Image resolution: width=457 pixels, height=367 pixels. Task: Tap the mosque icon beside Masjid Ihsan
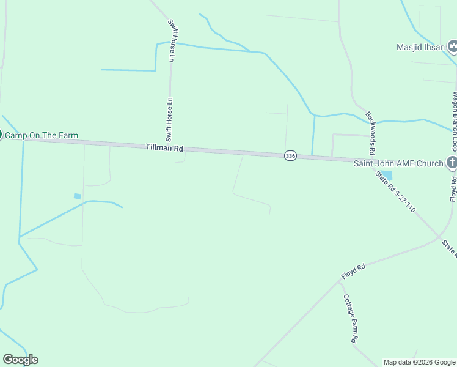(452, 46)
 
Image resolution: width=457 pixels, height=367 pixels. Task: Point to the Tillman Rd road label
(164, 148)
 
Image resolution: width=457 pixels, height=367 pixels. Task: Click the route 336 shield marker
(290, 156)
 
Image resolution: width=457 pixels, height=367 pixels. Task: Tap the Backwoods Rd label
(371, 133)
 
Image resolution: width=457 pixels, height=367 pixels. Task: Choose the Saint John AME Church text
(398, 163)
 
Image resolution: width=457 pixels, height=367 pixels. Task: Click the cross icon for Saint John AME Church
(452, 163)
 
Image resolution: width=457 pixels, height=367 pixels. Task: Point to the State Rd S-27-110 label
(396, 192)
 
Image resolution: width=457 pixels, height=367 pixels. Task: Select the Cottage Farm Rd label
(350, 319)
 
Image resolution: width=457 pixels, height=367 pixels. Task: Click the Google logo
(21, 360)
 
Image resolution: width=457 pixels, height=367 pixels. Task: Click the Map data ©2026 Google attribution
(419, 362)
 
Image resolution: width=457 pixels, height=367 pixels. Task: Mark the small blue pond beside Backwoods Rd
(386, 176)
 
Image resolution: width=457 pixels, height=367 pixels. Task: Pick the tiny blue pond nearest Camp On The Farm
(77, 196)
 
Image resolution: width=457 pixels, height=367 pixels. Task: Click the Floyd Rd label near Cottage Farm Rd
(353, 272)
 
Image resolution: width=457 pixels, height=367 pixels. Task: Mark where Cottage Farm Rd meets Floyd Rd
(340, 283)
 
